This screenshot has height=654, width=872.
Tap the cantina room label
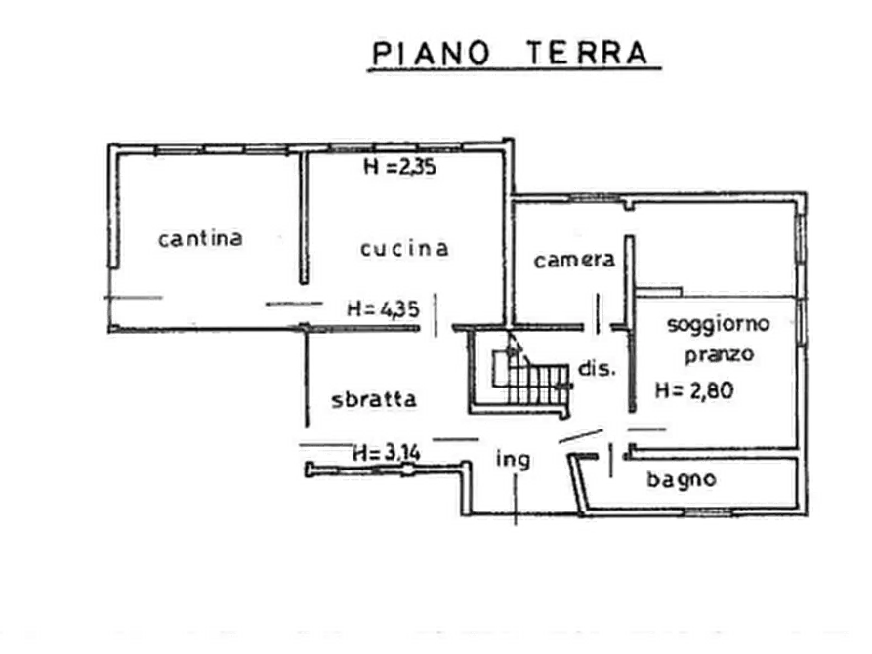[x=201, y=237]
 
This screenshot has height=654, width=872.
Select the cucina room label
[x=404, y=248]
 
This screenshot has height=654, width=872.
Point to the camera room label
[x=574, y=260]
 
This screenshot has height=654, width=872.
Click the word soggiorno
[x=719, y=323]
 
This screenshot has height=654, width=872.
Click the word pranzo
[x=719, y=355]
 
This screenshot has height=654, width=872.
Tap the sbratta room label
[x=374, y=398]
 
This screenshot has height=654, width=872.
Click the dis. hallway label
[x=597, y=370]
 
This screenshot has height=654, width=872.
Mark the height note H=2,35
[x=398, y=167]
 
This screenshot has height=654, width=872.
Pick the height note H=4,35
[x=383, y=308]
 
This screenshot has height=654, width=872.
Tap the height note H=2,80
[x=694, y=391]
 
